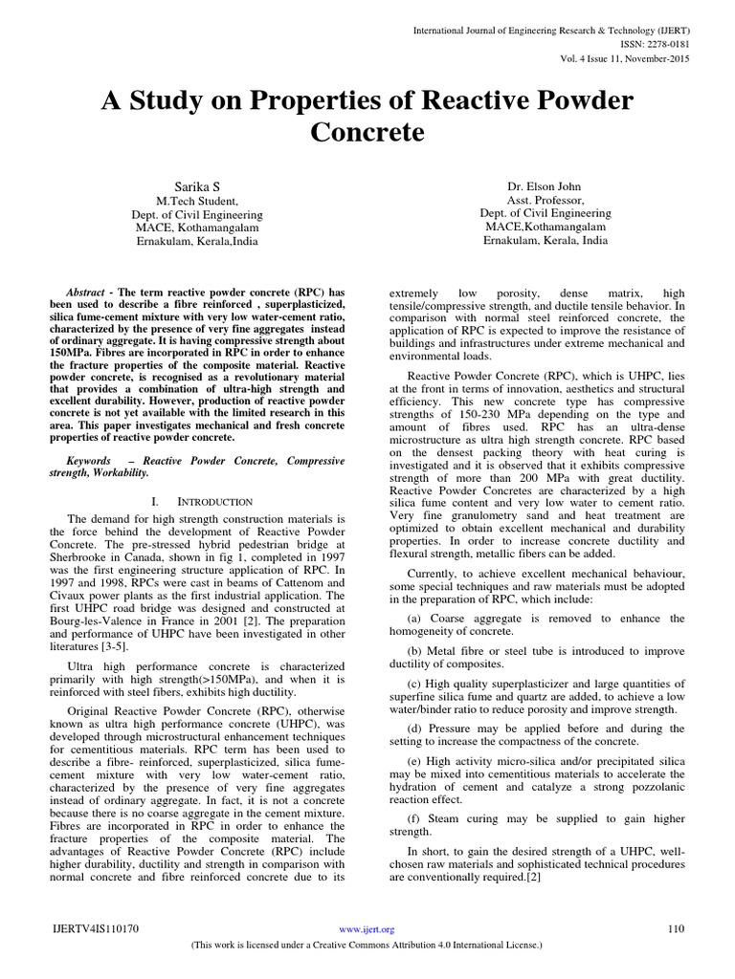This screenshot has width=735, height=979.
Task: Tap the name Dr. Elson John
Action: [x=545, y=185]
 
